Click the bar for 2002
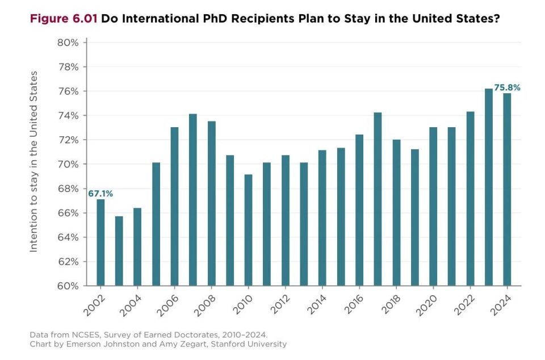[100, 242]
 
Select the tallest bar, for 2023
[489, 187]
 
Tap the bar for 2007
[193, 200]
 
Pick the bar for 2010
[249, 230]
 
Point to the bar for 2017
[378, 199]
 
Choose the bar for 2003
[119, 251]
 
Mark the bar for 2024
[507, 190]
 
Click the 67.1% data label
[100, 194]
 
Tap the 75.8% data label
[507, 87]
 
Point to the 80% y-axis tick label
[68, 43]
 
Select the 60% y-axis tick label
[68, 286]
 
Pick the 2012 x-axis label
[280, 304]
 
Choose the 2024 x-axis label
[501, 305]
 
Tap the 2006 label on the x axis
[167, 305]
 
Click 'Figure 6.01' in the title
[64, 18]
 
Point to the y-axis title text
[33, 161]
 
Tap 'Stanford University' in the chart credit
[249, 344]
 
